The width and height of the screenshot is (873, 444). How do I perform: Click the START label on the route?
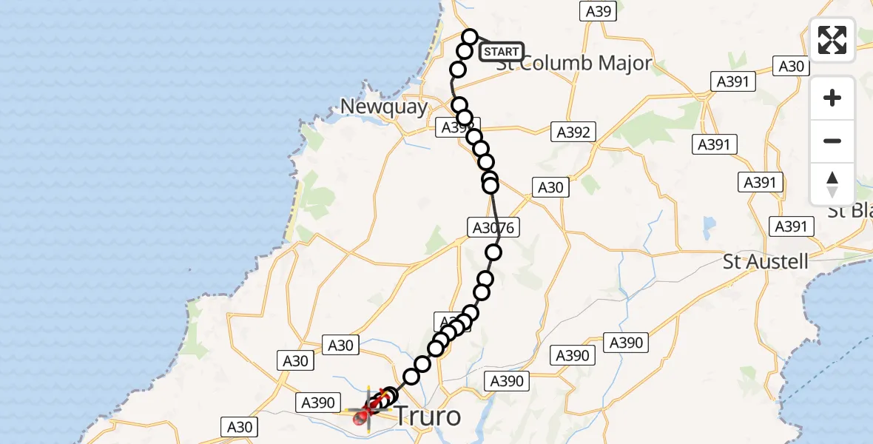502,52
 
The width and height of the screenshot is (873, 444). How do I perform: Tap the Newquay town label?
384,107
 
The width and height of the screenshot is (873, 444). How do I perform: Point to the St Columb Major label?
575,64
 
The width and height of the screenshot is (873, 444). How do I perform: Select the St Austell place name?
766,261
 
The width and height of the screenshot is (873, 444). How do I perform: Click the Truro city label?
428,416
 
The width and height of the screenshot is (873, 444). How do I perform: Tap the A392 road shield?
573,132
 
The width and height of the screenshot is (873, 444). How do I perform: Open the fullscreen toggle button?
832,40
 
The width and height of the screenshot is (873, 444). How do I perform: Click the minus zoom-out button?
832,141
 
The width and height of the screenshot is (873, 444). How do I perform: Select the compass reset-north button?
832,184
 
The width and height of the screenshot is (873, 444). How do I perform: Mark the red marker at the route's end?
361,419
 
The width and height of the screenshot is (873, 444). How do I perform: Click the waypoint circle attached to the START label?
471,37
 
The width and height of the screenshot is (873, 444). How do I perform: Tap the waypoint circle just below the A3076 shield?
493,253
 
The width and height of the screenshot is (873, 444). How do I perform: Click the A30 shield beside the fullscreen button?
791,66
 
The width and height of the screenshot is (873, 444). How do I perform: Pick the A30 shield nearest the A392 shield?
550,187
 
